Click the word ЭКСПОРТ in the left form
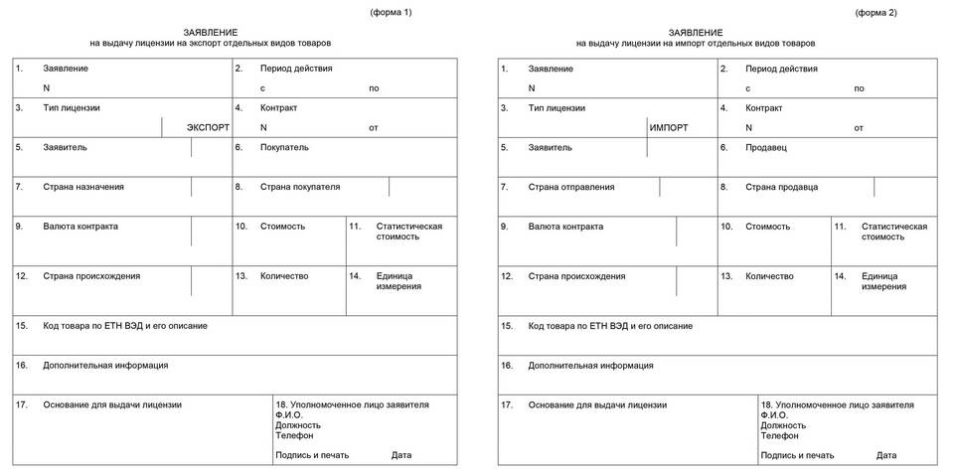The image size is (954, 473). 208,128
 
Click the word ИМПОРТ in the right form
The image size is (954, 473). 668,128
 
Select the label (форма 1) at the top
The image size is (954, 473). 391,12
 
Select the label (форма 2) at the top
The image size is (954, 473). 875,12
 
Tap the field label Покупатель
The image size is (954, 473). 284,147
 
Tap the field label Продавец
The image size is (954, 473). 766,147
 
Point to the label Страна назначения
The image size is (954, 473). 83,187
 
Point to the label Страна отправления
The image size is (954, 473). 571,187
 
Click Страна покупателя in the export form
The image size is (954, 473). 300,187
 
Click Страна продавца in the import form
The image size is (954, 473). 782,187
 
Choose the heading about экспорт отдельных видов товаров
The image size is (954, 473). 210,44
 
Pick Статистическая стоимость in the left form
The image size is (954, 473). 409,232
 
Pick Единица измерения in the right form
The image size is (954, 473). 884,281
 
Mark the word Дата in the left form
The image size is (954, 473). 401,455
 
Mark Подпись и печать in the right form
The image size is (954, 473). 797,455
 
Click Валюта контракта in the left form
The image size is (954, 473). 80,227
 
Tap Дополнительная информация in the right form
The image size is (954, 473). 590,366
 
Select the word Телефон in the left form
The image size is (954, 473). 294,435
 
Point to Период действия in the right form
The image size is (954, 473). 781,69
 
